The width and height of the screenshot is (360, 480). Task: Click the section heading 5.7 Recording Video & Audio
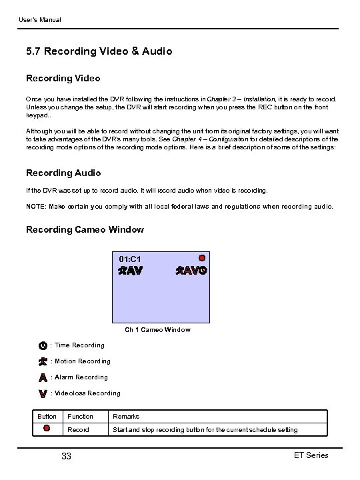pos(99,51)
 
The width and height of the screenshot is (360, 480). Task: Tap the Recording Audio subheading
pos(63,173)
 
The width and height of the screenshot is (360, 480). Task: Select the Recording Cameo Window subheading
pos(85,229)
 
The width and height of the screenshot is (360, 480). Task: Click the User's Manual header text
pos(39,20)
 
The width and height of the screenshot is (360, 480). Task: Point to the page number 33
pos(66,457)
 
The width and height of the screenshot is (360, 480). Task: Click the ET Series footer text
pos(311,455)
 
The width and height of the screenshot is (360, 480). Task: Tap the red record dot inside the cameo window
pos(201,257)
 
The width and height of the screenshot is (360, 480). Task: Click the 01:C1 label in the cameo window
pos(129,258)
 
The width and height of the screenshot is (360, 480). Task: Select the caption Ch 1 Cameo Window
pos(157,329)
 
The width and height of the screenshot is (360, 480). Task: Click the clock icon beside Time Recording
pos(43,345)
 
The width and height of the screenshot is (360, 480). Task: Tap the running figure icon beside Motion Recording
pos(43,361)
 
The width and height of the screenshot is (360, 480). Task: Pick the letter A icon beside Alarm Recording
pos(43,377)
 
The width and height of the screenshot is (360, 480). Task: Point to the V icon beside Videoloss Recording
pos(43,393)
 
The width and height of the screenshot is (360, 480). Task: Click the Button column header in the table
pos(47,417)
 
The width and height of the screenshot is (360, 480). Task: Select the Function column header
pos(80,417)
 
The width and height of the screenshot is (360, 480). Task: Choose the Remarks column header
pos(126,417)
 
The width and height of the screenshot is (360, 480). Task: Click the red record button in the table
pos(47,429)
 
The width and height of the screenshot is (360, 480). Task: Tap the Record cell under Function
pos(78,430)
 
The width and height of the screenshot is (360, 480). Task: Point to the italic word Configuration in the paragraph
pos(225,139)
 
